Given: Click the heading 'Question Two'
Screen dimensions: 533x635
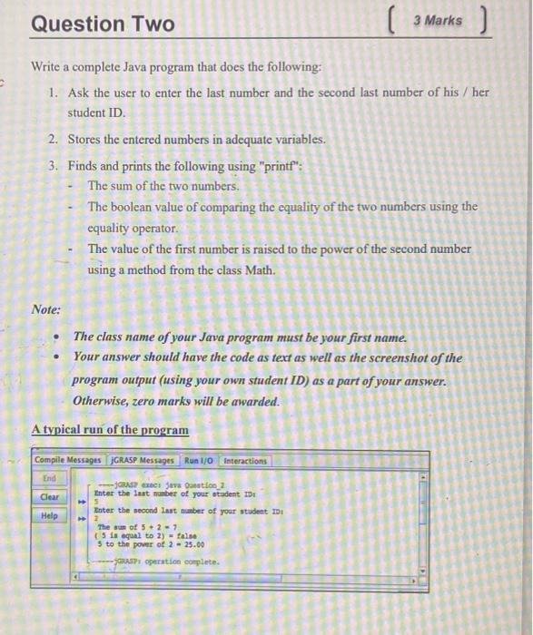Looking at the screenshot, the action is tap(103, 24).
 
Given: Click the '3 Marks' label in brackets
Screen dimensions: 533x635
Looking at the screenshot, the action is tap(437, 20).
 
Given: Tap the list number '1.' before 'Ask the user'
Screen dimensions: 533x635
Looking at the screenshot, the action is tap(54, 93).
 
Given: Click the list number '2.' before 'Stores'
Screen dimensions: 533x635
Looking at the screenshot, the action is tap(54, 140).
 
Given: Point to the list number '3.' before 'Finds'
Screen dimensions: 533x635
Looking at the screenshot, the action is tap(54, 166).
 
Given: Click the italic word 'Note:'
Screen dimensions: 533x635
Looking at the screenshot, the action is tap(45, 309).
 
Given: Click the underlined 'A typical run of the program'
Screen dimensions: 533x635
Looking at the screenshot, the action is tap(110, 430).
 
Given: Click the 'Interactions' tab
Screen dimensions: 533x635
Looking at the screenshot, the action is tap(245, 461).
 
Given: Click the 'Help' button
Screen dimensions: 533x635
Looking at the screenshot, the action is tap(49, 516).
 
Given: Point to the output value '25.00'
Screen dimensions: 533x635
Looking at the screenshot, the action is tap(193, 544).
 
